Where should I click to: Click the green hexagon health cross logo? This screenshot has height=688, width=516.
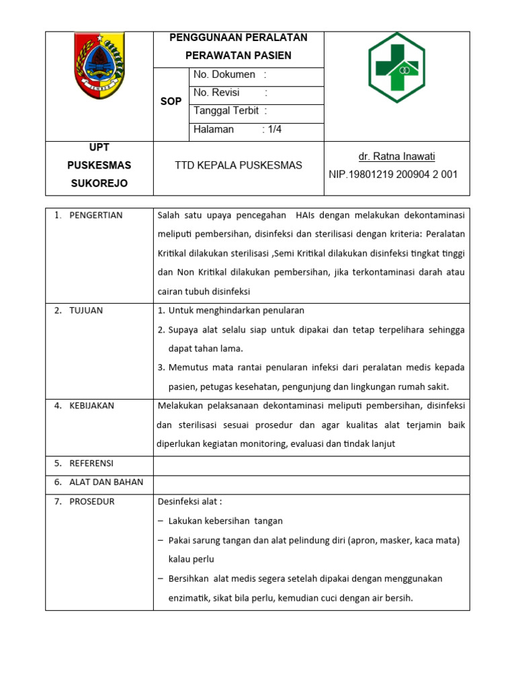tap(396, 68)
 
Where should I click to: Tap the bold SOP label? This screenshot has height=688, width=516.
tap(171, 101)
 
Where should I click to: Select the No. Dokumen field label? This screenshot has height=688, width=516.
tap(224, 75)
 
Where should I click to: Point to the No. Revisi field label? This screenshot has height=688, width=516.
tap(216, 93)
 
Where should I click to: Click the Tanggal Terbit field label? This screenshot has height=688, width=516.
tap(226, 111)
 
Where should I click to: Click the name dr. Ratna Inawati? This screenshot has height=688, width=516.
tap(396, 157)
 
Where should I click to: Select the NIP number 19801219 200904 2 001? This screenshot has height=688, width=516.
tap(393, 174)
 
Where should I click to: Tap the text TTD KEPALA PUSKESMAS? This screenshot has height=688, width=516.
tap(239, 165)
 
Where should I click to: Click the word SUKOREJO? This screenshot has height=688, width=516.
tap(99, 183)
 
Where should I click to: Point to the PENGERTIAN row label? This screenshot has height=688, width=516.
tap(95, 215)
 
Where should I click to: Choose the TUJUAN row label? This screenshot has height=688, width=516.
tap(86, 310)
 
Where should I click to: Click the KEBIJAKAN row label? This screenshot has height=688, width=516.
tap(92, 405)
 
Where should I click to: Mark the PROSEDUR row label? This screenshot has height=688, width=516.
tap(92, 501)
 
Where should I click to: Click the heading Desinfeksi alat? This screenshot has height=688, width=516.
tap(189, 501)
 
